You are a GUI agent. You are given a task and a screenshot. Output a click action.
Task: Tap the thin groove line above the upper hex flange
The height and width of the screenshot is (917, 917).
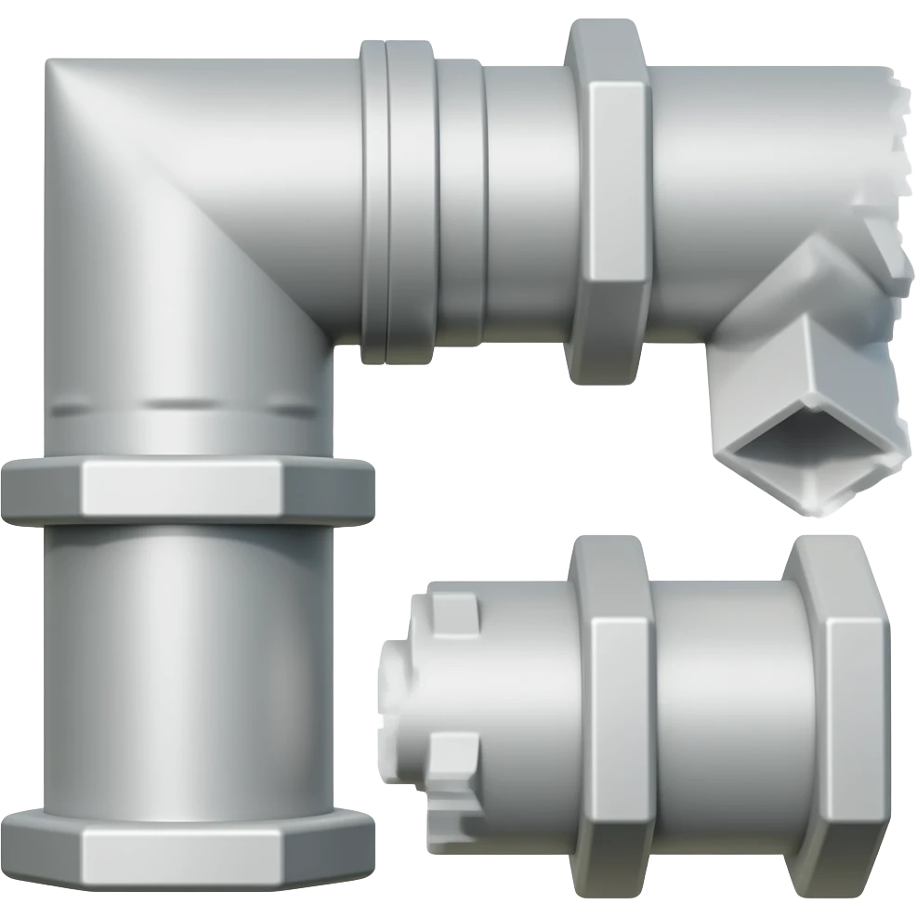coord(186,405)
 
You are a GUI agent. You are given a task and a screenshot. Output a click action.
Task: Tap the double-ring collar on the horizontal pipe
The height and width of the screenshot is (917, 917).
coord(398,200)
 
